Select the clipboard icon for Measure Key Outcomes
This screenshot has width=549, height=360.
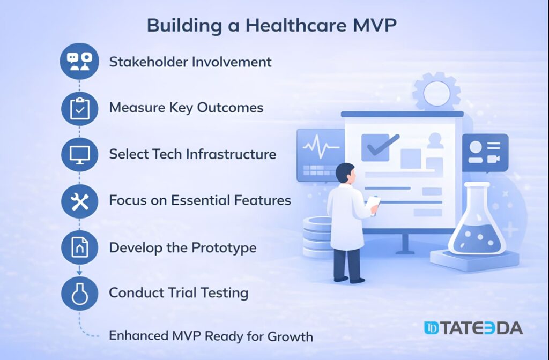click(79, 109)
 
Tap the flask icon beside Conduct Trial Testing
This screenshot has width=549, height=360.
click(79, 294)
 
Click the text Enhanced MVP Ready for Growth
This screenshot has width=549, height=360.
click(211, 336)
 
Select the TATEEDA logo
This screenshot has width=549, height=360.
click(472, 328)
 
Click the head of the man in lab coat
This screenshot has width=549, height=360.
click(345, 174)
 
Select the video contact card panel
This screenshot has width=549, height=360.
click(485, 152)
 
